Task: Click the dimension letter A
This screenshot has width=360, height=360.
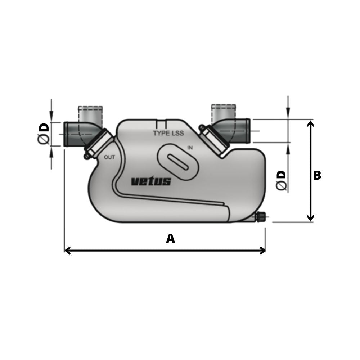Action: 170,238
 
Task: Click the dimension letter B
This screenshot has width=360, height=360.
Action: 317,176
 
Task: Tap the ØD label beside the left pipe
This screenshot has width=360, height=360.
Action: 44,134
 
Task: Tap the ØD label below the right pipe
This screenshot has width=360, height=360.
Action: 281,180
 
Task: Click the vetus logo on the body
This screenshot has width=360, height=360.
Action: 151,181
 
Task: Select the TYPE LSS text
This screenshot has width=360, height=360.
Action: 168,133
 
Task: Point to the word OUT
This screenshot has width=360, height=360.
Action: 109,157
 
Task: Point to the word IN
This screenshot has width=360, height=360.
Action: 190,148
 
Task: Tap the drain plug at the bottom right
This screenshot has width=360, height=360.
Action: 260,217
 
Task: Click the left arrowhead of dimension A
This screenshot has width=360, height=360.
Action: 67,251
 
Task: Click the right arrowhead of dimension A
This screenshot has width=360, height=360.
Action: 262,251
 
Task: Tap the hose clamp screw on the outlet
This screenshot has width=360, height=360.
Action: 86,156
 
